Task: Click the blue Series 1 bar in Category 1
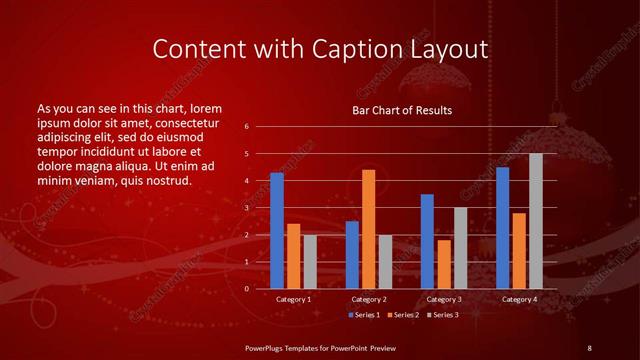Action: pyautogui.click(x=277, y=231)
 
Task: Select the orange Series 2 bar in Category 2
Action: pyautogui.click(x=368, y=229)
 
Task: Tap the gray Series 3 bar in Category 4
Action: pyautogui.click(x=536, y=221)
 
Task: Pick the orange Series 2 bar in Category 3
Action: pyautogui.click(x=443, y=264)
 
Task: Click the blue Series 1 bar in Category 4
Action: pyautogui.click(x=502, y=228)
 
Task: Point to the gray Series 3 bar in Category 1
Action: pyautogui.click(x=310, y=262)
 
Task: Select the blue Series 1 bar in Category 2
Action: pyautogui.click(x=352, y=255)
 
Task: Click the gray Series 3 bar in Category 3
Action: pyautogui.click(x=460, y=248)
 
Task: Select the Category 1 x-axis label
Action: pyautogui.click(x=293, y=299)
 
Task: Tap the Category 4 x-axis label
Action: pyautogui.click(x=518, y=299)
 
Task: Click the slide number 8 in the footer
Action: pyautogui.click(x=589, y=346)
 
